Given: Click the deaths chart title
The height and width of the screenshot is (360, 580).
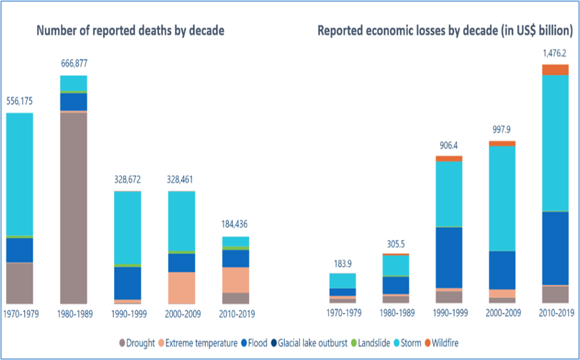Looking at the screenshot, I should [130, 31].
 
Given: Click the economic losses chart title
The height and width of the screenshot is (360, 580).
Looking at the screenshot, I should [445, 31].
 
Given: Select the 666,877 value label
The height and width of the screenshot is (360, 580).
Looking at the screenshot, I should [73, 64].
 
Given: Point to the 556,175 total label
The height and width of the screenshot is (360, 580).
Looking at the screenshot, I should [20, 101].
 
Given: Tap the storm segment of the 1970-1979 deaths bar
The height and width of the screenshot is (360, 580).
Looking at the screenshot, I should [20, 174].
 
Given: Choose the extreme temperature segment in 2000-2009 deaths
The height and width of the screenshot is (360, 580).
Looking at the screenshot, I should [182, 288].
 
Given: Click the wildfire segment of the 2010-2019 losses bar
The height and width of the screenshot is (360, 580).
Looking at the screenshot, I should [555, 70].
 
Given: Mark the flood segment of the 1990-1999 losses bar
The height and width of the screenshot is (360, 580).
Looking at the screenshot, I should [449, 257].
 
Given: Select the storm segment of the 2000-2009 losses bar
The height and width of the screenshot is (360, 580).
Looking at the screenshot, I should [502, 198].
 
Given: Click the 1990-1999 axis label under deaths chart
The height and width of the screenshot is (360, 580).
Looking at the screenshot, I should [128, 314].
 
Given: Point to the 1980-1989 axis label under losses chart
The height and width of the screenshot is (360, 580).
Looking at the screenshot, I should [396, 314].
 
